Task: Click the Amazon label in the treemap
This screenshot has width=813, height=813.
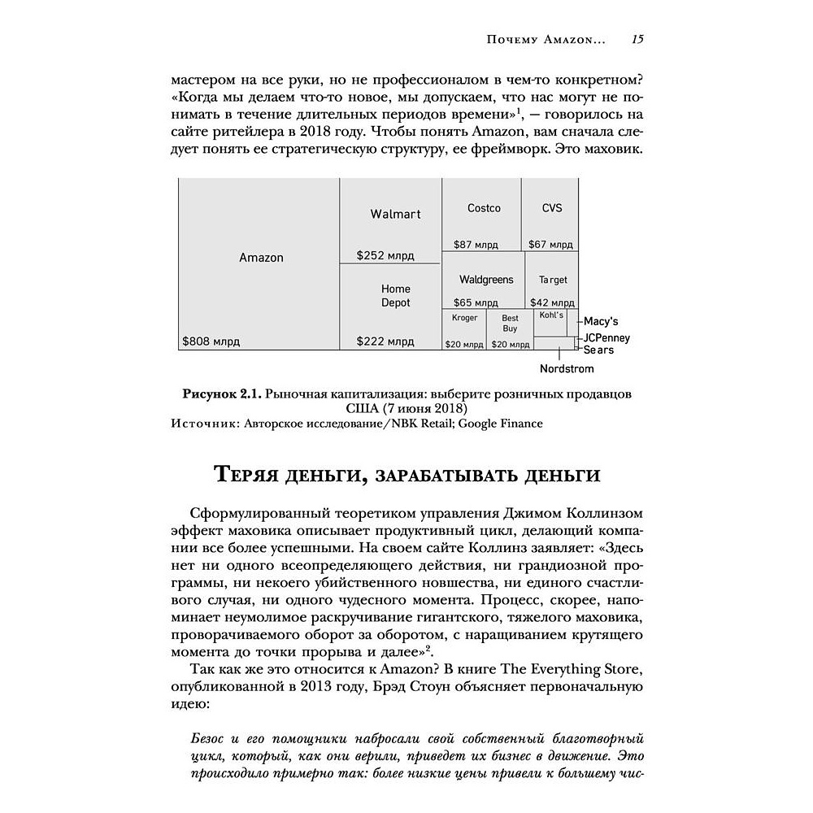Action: [x=261, y=258]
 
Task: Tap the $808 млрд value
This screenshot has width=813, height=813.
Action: [x=211, y=342]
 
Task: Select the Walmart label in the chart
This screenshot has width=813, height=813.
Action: [x=395, y=215]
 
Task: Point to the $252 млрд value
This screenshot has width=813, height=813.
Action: [x=385, y=255]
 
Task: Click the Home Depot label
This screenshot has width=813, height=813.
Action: [x=396, y=296]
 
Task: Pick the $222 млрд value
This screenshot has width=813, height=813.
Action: [x=385, y=342]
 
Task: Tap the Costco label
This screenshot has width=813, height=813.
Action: [x=484, y=208]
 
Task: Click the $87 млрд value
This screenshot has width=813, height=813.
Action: [x=476, y=243]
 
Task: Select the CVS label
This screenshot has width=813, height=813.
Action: [x=552, y=208]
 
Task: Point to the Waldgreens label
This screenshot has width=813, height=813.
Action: [x=486, y=280]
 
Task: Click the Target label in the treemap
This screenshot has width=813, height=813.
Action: [x=553, y=280]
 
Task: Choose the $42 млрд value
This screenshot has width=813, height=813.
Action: [x=550, y=302]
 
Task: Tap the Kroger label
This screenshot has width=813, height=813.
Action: [x=464, y=318]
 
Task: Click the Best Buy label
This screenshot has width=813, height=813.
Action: [x=510, y=324]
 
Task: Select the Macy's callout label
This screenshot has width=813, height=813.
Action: [x=602, y=321]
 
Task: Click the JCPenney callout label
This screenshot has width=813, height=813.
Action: [x=607, y=338]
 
